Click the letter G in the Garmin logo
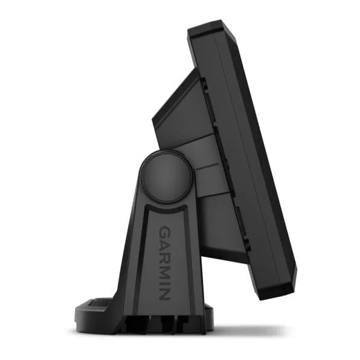(x=164, y=232)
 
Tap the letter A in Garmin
(x=165, y=245)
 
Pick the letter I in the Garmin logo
(x=165, y=281)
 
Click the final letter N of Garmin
(x=165, y=292)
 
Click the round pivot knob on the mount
(x=166, y=177)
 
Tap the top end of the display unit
(x=208, y=27)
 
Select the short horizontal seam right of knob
(x=205, y=164)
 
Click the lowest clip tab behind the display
(x=246, y=244)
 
